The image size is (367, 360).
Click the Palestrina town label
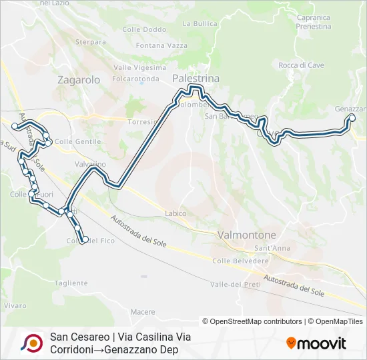[196, 78]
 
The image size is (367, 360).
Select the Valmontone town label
[246, 235]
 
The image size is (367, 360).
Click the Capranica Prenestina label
[313, 22]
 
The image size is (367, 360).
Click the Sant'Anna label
[272, 248]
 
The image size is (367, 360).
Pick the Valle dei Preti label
[235, 284]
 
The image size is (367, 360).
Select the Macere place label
[143, 311]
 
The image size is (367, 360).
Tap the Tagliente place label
[71, 283]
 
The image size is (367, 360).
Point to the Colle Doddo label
[144, 29]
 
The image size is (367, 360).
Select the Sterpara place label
[91, 41]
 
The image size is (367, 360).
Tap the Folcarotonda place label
[136, 78]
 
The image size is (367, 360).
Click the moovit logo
[316, 343]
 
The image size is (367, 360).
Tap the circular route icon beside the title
[31, 343]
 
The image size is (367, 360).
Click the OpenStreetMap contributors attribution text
[252, 321]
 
